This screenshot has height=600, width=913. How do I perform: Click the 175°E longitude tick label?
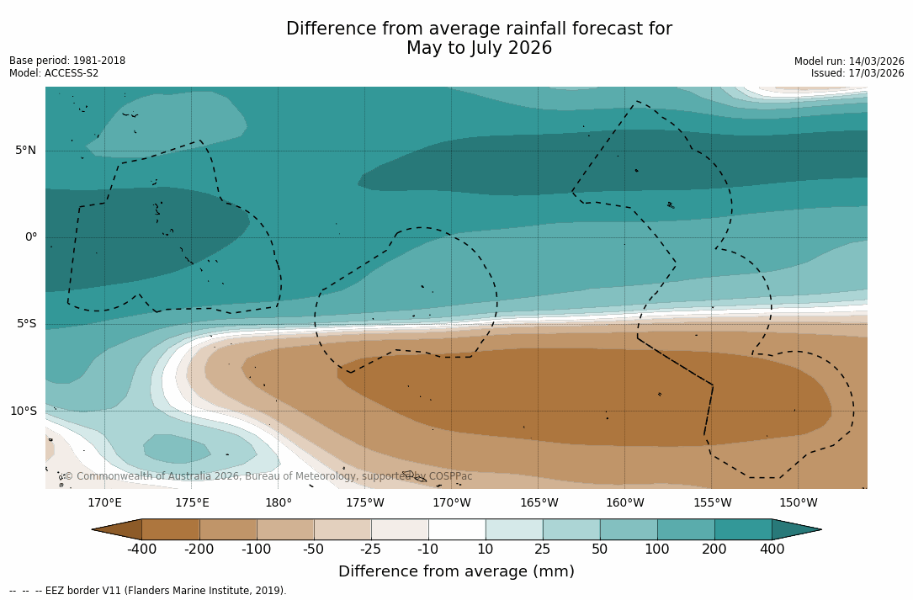pos(192,503)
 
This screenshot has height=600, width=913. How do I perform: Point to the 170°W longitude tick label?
pos(452,503)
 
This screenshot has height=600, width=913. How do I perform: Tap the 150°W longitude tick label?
pos(799,503)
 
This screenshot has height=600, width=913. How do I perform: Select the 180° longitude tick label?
pos(279,503)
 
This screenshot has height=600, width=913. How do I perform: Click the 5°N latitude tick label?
pos(25,151)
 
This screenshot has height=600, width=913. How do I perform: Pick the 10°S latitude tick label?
pos(23,412)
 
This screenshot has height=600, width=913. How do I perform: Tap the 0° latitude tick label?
pos(31,237)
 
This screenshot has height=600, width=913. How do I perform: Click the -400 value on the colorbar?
pos(141,550)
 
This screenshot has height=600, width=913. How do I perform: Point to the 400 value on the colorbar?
pos(772,550)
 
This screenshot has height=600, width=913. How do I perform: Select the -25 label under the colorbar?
pos(371,550)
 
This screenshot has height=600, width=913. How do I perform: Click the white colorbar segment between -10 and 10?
pos(457,529)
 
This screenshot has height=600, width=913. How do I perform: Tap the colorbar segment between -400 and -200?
pos(171,529)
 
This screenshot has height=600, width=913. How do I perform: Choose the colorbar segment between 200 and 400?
pos(743,529)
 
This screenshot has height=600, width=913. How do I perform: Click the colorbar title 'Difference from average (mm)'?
pos(456,572)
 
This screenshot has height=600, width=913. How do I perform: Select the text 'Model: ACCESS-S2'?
pos(54,73)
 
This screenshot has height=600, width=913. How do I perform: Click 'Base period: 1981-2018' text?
pos(67,61)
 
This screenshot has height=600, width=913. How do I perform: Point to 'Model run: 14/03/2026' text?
pos(849,61)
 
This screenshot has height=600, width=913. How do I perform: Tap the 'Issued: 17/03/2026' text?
pos(857,73)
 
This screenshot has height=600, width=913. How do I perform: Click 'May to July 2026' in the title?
pos(479,49)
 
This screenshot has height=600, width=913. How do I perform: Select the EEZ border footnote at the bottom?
pos(148,591)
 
